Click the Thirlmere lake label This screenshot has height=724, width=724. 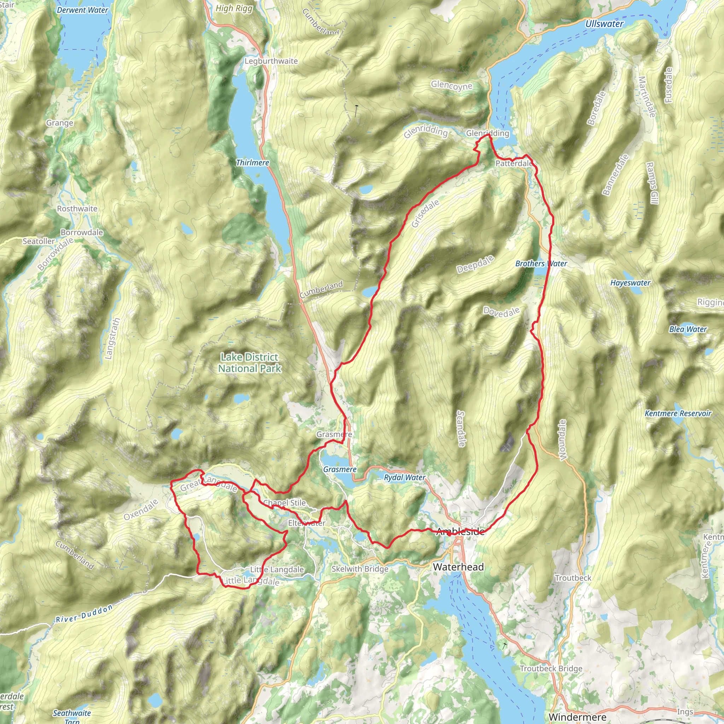pos(252,163)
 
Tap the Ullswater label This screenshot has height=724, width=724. pos(604,24)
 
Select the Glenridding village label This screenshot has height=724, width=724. pos(487,133)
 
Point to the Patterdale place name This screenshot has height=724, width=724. pos(514,163)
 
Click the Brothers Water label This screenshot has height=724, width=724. pos(541,263)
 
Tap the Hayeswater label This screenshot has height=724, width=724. pos(630,283)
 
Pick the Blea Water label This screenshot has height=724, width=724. pos(688,329)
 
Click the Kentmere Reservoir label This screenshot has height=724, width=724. pos(678,413)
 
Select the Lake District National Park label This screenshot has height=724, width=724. pos(250,363)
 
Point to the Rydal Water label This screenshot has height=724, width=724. pos(404,477)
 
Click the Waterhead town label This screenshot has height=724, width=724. pos(458,567)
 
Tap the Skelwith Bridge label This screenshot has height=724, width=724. pos(360,569)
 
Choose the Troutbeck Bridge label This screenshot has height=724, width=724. pos(550,668)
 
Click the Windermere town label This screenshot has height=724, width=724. pos(577,717)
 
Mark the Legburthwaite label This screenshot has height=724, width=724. pos(271,61)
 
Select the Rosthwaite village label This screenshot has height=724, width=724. pos(77,209)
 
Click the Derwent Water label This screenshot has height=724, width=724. pos(82,10)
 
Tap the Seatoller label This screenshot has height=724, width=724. pos(39,241)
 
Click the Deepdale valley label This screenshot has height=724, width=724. pos(475,264)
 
